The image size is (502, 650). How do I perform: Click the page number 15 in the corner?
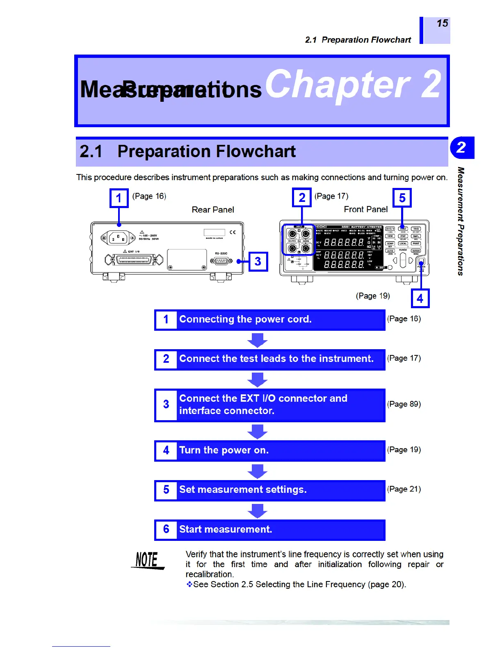click(x=442, y=23)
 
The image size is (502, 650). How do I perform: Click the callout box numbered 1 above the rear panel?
click(x=119, y=198)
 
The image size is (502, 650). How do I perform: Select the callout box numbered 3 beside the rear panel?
click(x=258, y=261)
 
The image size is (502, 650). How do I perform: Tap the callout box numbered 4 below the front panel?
click(x=420, y=298)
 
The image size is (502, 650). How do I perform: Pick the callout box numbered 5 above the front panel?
click(x=402, y=198)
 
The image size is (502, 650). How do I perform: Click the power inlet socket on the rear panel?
click(x=118, y=238)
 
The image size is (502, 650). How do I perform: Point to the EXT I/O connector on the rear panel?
click(x=134, y=260)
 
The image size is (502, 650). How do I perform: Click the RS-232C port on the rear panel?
click(x=221, y=261)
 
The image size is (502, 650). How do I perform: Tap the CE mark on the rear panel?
click(x=233, y=232)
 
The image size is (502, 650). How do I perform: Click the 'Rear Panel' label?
click(x=213, y=210)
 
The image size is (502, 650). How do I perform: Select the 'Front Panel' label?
click(x=365, y=209)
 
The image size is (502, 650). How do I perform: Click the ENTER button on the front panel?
click(x=416, y=251)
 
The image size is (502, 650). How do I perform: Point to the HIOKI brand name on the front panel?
click(x=321, y=227)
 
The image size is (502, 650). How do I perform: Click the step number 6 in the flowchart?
click(x=166, y=529)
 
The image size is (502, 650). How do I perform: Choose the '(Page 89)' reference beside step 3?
click(x=404, y=404)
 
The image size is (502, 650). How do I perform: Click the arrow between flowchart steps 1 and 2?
click(x=258, y=340)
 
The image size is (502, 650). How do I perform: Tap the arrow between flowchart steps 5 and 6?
click(x=258, y=510)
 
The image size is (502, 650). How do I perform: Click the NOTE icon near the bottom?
click(x=147, y=560)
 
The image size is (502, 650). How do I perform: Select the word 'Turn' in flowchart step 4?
click(x=190, y=450)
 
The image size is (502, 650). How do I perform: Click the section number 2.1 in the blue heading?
click(x=91, y=151)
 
